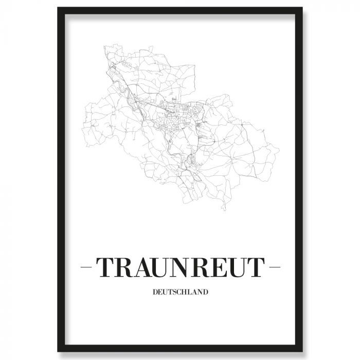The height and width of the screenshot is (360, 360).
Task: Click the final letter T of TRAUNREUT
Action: point(256,267)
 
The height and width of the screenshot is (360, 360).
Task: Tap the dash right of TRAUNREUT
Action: point(275,268)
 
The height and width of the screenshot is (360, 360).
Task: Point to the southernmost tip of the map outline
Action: point(224,210)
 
